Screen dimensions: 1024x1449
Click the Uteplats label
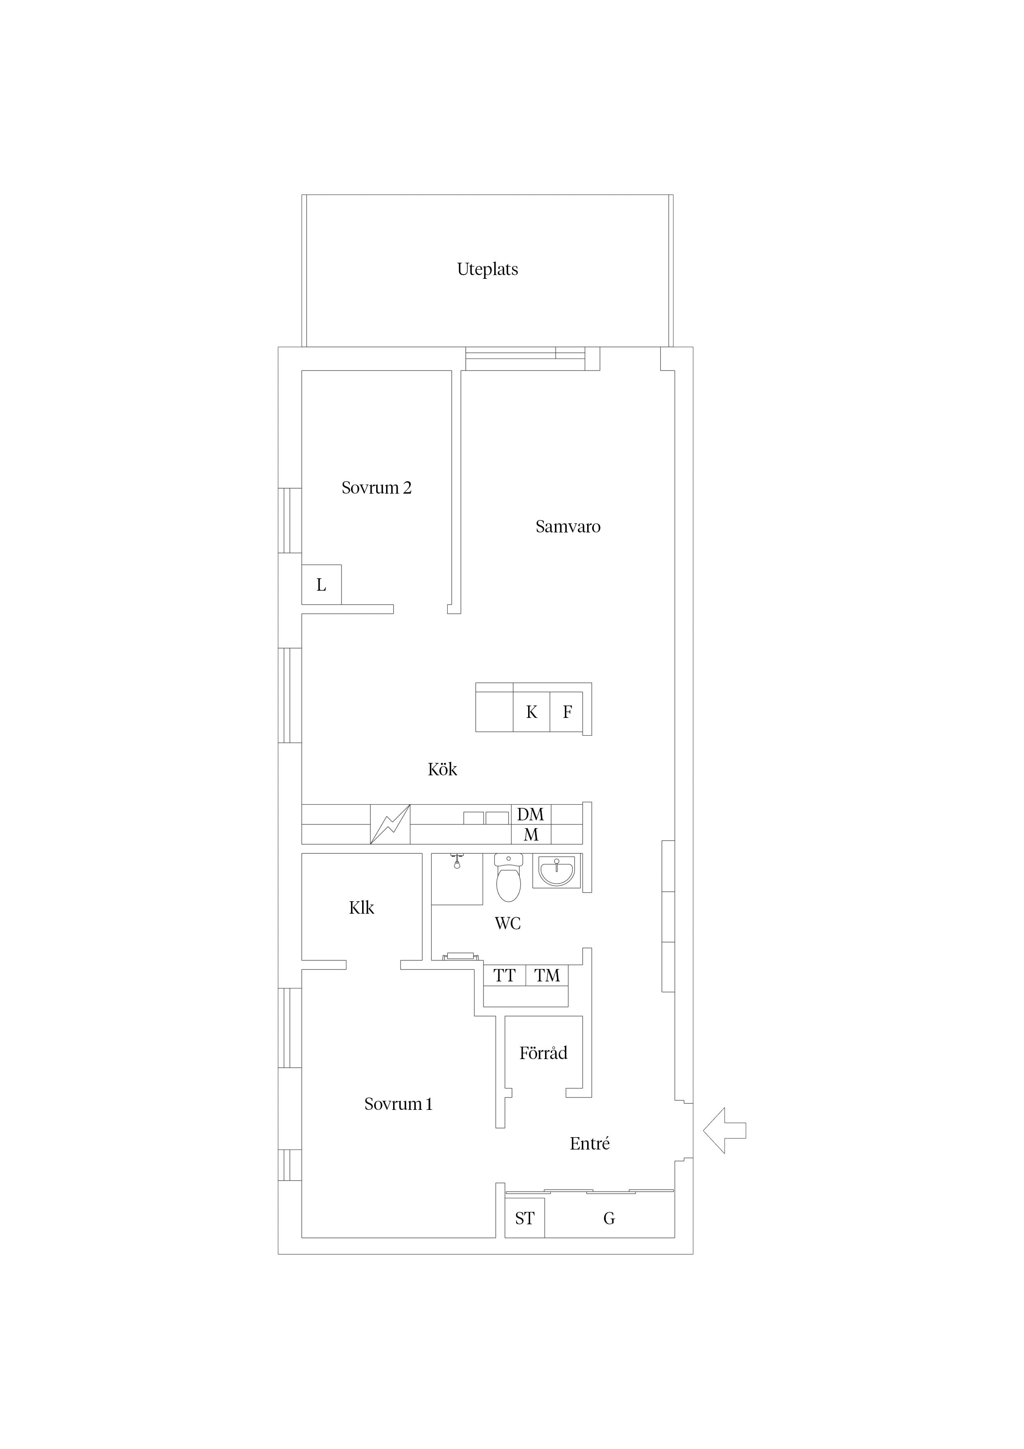click(x=488, y=269)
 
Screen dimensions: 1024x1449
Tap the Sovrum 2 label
click(x=377, y=487)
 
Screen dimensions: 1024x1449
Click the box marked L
click(x=322, y=584)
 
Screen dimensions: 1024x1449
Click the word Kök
click(x=442, y=769)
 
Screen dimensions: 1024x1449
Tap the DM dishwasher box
click(x=531, y=814)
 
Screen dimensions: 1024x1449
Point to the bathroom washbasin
click(x=557, y=871)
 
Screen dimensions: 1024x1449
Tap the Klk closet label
click(x=362, y=907)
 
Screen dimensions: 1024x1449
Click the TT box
click(x=504, y=976)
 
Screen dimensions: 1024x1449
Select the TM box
click(x=547, y=976)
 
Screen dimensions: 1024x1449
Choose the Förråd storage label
click(x=543, y=1052)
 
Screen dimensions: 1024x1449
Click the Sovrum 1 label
click(x=398, y=1104)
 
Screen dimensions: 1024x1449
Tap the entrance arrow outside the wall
click(x=724, y=1130)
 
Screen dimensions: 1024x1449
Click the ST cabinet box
click(x=525, y=1218)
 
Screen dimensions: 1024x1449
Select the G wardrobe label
click(x=609, y=1219)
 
